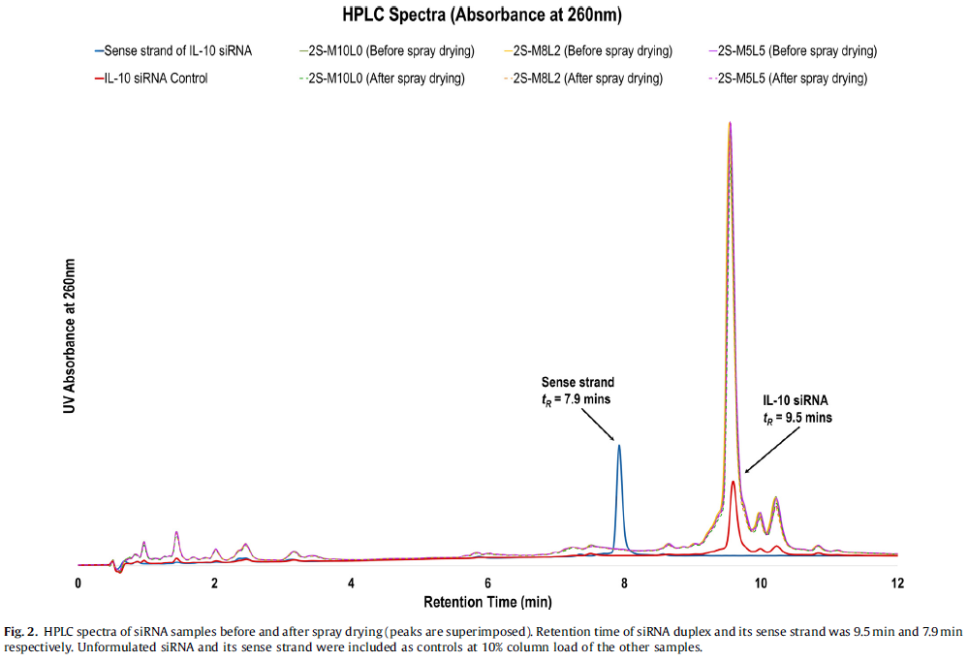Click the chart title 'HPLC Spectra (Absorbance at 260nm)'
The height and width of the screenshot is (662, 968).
[482, 16]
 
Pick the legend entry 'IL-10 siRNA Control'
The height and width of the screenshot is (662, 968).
[155, 79]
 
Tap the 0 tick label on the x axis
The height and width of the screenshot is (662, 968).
[78, 583]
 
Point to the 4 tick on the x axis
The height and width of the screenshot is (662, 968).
[351, 583]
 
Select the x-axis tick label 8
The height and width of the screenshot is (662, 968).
[624, 583]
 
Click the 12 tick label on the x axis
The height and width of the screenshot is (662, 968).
[897, 583]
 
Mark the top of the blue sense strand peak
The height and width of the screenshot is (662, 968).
[618, 445]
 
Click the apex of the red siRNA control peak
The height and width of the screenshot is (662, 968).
[734, 481]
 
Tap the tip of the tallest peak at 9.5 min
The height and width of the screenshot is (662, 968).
[730, 122]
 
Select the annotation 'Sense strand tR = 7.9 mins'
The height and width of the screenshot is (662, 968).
[578, 390]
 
